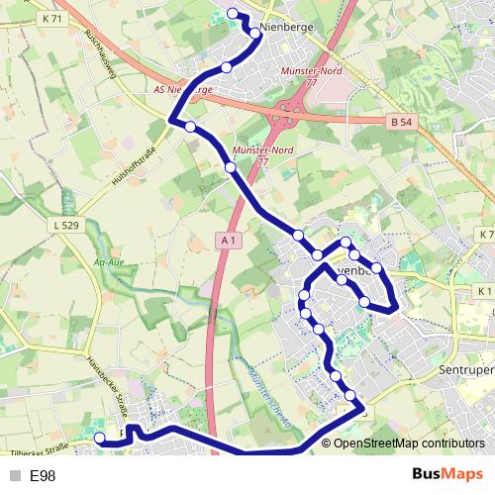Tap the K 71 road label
click(52, 19)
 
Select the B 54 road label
click(398, 120)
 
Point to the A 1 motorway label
click(229, 241)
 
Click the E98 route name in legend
click(44, 476)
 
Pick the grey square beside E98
click(13, 476)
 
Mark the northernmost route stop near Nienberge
click(233, 13)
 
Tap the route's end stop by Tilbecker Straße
click(98, 438)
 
